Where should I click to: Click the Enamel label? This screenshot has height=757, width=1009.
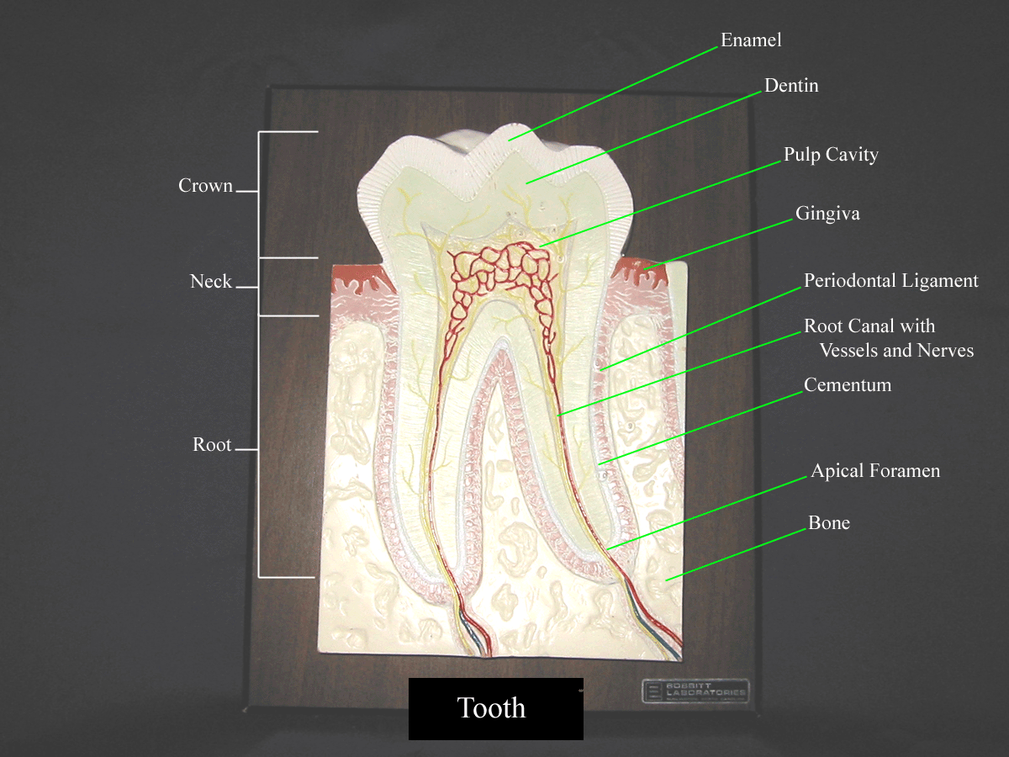tap(751, 40)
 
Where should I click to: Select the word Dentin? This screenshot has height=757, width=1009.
tap(790, 86)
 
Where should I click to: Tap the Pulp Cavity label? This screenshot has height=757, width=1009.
tap(831, 155)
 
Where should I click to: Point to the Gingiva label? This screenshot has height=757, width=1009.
tap(827, 214)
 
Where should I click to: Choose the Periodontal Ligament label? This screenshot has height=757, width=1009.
tap(890, 281)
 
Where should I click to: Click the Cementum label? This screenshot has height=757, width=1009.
tap(847, 385)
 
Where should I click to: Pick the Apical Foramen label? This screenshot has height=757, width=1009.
tap(874, 471)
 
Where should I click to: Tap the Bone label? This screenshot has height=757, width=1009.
tap(829, 523)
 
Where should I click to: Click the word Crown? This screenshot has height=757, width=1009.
tap(205, 186)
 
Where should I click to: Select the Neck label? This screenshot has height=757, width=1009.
tap(210, 282)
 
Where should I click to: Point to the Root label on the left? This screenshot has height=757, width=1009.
tap(212, 445)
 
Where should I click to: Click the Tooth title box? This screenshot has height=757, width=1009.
tap(495, 708)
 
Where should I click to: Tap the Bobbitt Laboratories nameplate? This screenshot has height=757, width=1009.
tap(695, 691)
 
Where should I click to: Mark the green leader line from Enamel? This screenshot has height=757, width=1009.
tap(614, 88)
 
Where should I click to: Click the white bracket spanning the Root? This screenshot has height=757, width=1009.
tap(259, 446)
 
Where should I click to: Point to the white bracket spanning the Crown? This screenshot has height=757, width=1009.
tap(259, 193)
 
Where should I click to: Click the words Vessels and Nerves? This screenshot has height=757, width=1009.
tap(896, 351)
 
